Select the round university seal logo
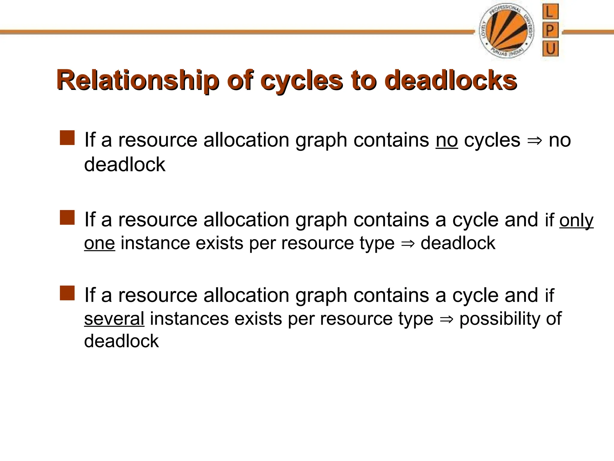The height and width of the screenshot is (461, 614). (x=506, y=32)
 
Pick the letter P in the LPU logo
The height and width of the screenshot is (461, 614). (x=550, y=31)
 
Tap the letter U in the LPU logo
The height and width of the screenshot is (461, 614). (x=550, y=49)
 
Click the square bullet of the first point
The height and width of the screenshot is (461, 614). (x=67, y=138)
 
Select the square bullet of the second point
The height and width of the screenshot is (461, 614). (x=67, y=218)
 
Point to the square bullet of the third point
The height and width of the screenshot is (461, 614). (x=67, y=293)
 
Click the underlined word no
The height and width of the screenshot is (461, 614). (x=447, y=140)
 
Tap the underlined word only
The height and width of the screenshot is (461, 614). (x=576, y=221)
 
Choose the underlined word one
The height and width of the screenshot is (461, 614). (x=100, y=243)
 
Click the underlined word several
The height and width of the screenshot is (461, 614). (x=114, y=318)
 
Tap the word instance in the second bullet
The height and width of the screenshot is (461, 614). (x=155, y=243)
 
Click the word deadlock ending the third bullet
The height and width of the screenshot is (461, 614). (x=121, y=341)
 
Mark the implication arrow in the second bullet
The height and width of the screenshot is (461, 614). (x=408, y=243)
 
